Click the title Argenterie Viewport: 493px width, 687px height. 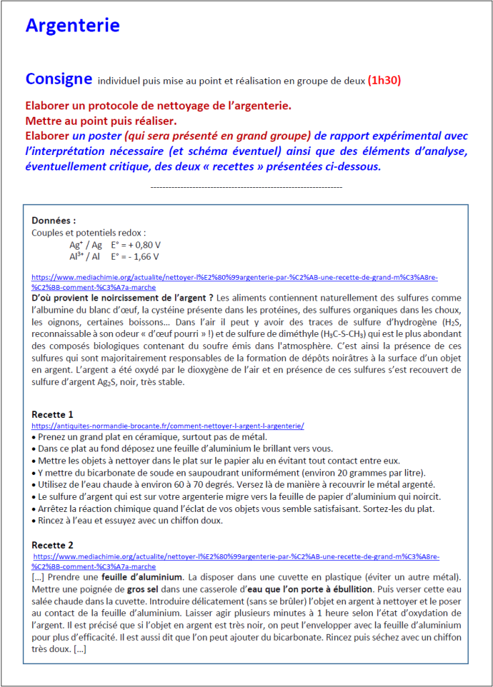point(72,25)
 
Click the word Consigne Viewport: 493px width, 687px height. point(58,78)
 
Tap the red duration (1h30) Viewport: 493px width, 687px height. point(384,81)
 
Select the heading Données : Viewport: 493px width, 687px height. point(54,220)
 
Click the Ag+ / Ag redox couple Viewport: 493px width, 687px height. point(86,245)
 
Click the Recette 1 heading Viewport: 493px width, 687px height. point(52,414)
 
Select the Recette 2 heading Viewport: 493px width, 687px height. point(52,545)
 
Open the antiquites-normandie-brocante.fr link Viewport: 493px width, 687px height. point(168,425)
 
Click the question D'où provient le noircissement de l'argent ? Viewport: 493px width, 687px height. point(122,297)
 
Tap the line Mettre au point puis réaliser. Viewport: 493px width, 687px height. point(101,121)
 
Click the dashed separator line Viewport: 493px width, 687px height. point(246,187)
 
